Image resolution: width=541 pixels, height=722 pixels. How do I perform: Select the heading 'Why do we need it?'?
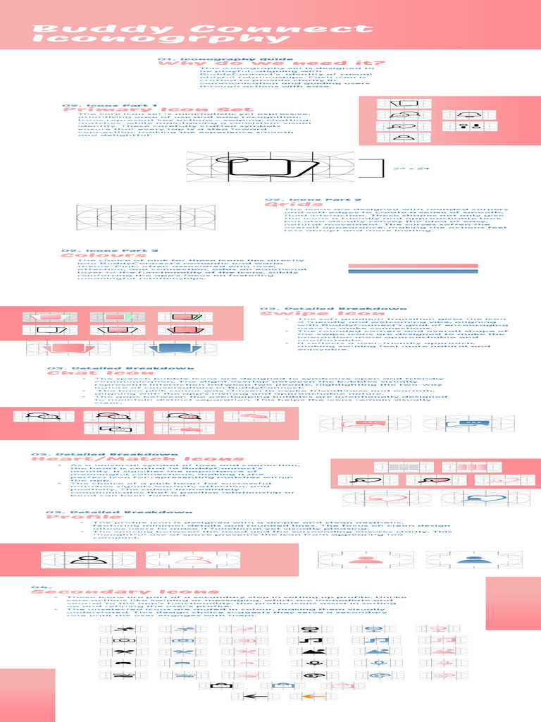[272, 63]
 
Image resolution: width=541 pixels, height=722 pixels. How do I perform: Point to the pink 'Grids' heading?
[286, 204]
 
